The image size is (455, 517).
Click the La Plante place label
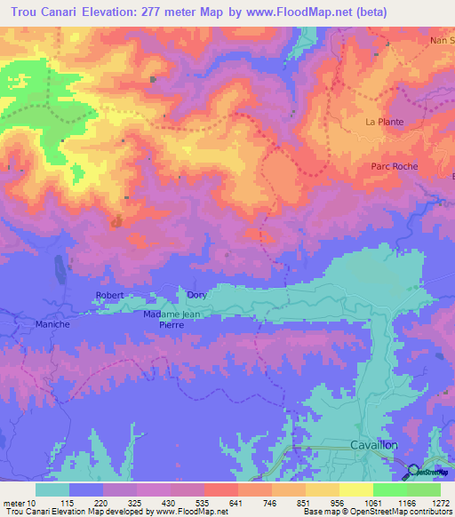pyautogui.click(x=385, y=122)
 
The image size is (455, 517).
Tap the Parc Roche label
pyautogui.click(x=394, y=166)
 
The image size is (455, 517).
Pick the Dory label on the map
pyautogui.click(x=196, y=295)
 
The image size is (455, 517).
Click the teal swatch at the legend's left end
pyautogui.click(x=52, y=490)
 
